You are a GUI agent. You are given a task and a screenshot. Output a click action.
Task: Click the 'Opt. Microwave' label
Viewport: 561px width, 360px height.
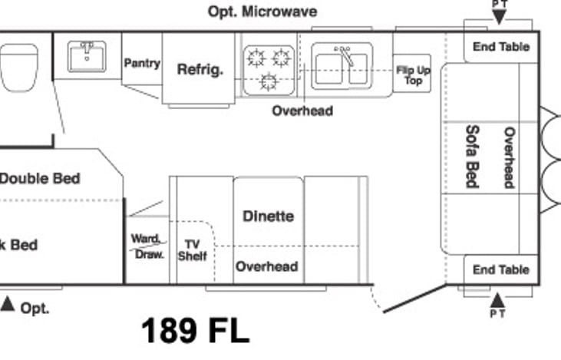point(262,12)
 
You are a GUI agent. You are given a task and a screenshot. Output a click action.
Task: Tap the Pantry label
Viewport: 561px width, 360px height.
point(142,63)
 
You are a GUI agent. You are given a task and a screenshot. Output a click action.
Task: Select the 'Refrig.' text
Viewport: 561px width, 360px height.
point(200,69)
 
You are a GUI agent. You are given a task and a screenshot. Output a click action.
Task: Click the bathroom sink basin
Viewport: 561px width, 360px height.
point(86,57)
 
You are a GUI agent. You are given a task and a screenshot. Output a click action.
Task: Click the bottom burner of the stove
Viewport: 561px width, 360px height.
point(269,81)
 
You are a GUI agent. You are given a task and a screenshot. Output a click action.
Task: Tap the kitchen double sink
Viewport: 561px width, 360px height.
point(342,65)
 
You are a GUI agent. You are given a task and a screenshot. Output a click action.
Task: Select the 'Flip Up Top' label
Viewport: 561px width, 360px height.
point(413,74)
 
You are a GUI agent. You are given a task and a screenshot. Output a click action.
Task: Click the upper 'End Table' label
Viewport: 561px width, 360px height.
point(500,47)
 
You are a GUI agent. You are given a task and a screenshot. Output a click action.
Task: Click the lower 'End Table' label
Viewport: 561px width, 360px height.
point(500,269)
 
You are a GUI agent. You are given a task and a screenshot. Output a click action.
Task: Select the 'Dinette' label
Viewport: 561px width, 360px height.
point(268,216)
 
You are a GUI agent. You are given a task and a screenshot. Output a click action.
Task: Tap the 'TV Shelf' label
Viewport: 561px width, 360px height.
point(192,250)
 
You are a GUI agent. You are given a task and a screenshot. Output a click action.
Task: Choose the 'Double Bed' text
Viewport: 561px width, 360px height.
point(40,178)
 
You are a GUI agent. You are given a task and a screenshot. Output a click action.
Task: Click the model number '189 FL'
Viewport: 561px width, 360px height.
point(195,331)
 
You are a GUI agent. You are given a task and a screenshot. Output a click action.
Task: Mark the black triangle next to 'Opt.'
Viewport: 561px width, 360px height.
point(8,304)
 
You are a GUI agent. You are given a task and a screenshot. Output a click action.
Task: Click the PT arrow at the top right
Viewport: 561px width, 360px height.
point(499,15)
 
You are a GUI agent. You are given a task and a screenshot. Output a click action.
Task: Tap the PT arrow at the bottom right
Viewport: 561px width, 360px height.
point(498,299)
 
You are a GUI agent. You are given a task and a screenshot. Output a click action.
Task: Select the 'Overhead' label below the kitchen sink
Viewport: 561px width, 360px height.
point(302,111)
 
